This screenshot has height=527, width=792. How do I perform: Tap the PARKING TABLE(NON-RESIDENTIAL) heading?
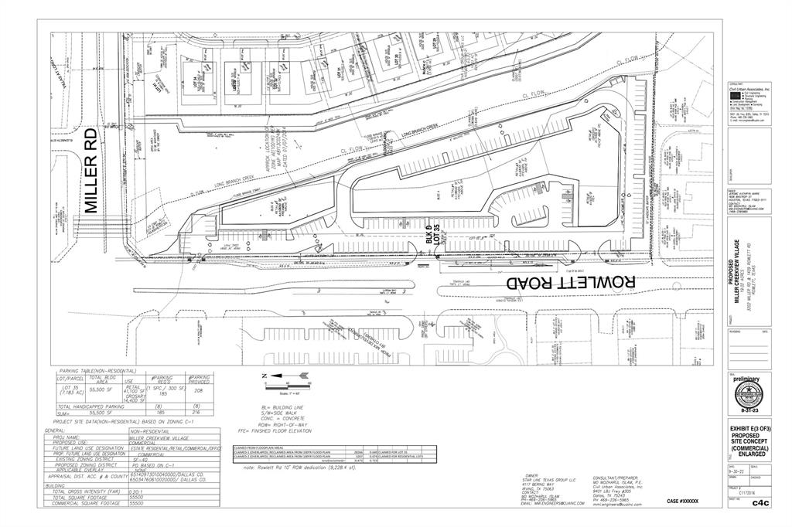click(97, 370)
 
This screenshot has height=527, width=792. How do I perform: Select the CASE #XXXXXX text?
click(682, 502)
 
